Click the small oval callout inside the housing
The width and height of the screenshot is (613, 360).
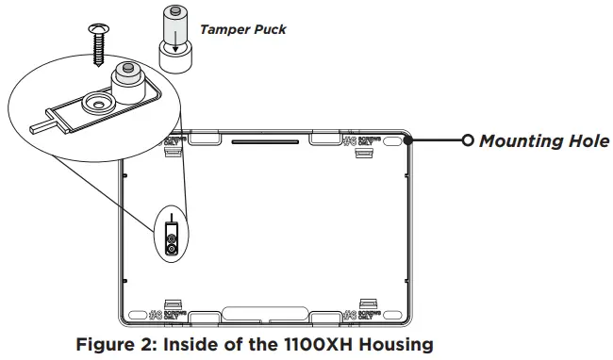(172, 235)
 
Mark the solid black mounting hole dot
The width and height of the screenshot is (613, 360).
(408, 140)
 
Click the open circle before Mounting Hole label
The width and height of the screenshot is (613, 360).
(468, 141)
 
